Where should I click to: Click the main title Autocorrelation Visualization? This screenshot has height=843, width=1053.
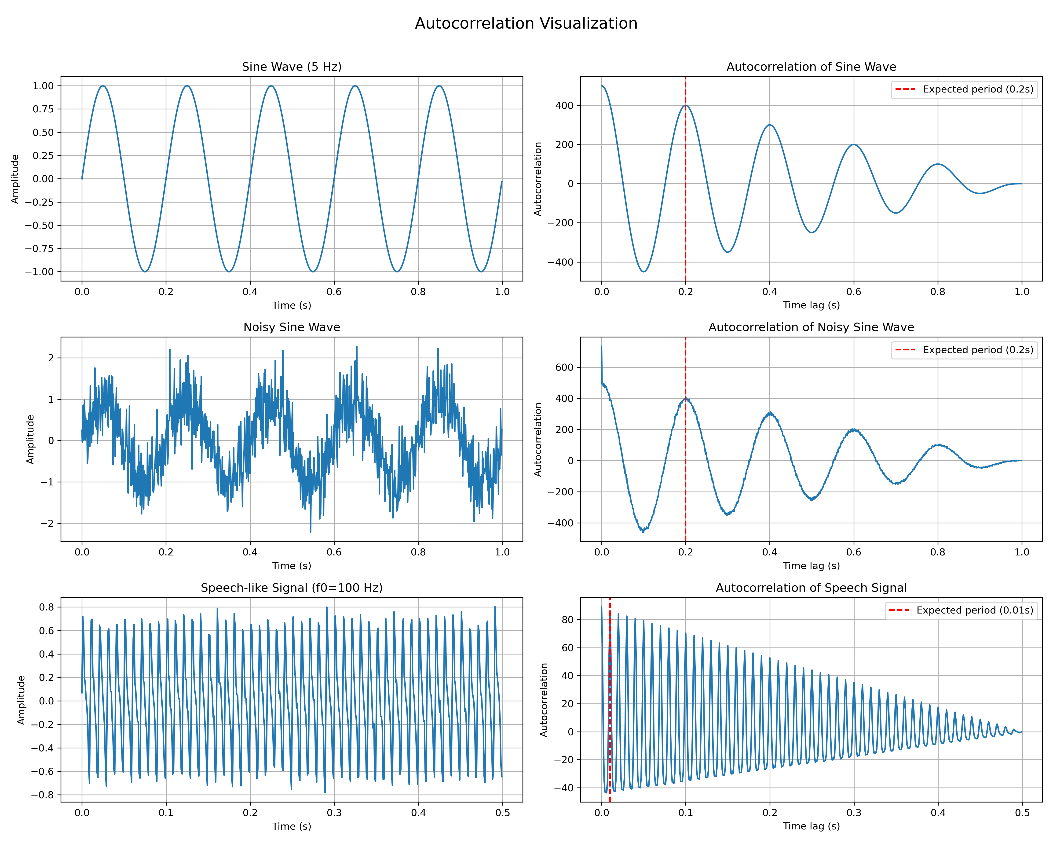coord(526,23)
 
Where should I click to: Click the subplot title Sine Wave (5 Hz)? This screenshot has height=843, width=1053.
coord(292,67)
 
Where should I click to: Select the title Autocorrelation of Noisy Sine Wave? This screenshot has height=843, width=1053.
coord(811,327)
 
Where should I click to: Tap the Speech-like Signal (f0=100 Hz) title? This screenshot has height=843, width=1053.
coord(292,588)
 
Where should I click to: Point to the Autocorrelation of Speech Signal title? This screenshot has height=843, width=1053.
coord(811,588)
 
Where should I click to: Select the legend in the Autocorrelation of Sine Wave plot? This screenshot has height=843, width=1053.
coord(963,89)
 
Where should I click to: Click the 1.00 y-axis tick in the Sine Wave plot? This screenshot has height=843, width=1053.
coord(43,86)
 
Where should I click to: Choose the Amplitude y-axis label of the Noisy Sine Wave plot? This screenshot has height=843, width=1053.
coord(30,439)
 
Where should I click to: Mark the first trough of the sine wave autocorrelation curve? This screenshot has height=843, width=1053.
coord(644,272)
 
